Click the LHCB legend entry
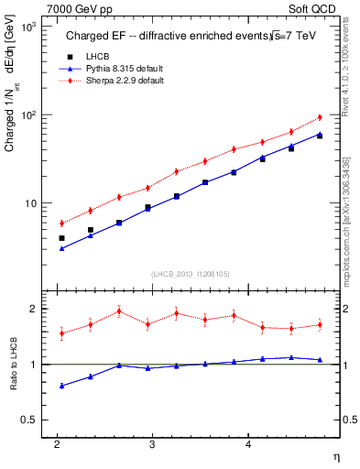point(88,57)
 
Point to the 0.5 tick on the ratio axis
point(30,420)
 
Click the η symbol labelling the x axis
point(335,456)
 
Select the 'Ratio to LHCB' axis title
point(12,365)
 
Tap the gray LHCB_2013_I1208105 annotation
point(190,273)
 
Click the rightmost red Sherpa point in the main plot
point(320,117)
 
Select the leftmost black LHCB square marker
point(61,238)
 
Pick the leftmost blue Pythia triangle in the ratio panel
point(61,386)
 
